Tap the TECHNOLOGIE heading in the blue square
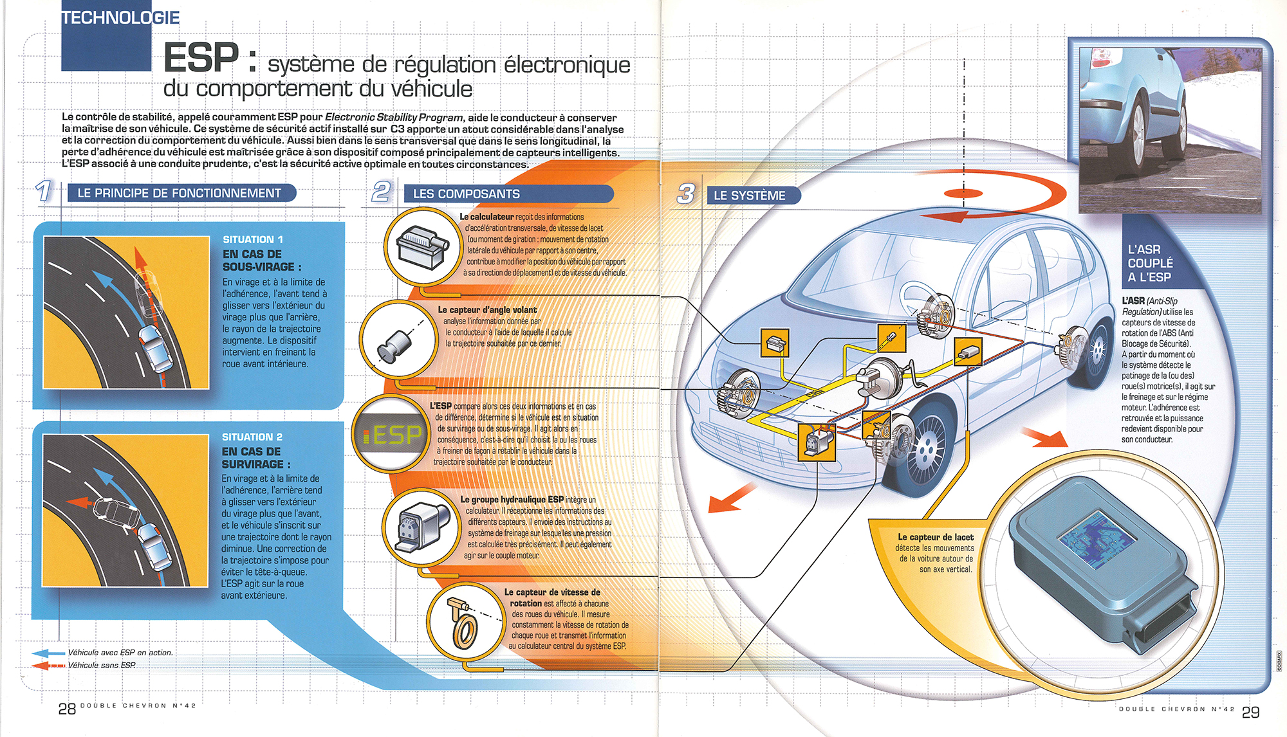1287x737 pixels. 121,18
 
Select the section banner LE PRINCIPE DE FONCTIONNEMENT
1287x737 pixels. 179,193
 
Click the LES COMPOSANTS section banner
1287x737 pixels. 467,194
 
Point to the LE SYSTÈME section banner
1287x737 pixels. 750,196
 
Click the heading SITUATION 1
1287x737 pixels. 253,239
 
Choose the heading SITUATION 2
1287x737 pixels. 252,437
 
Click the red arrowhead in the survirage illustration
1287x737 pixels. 75,503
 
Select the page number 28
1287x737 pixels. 67,709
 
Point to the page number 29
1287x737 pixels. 1250,712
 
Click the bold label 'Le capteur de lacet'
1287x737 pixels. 936,537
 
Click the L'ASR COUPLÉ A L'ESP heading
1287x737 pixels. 1150,263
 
